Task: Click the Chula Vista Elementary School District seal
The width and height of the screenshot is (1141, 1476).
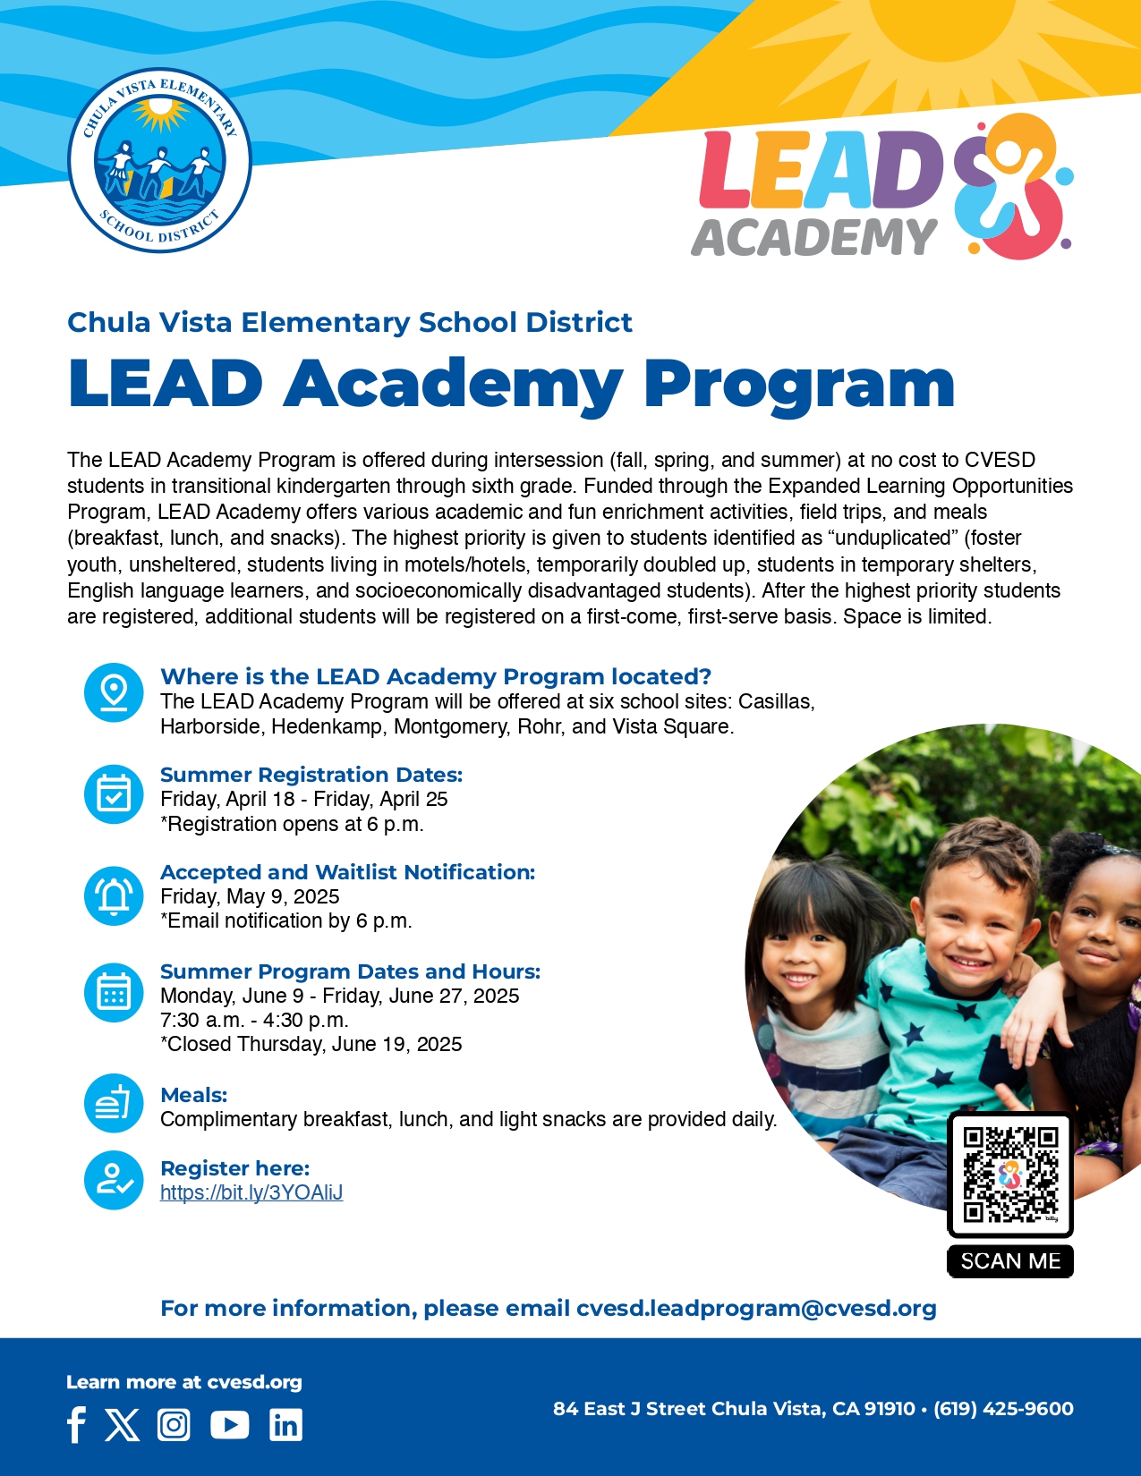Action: (x=160, y=161)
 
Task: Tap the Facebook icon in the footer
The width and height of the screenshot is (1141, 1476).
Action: (x=77, y=1424)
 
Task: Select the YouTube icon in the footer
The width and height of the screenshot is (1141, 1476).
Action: (x=230, y=1424)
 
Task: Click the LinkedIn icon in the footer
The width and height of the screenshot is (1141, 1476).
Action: (x=285, y=1424)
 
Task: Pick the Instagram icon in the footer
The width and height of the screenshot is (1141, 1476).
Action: (x=174, y=1424)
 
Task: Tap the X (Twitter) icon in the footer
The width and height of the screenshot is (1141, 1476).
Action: (x=123, y=1424)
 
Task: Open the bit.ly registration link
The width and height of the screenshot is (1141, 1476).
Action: (x=251, y=1192)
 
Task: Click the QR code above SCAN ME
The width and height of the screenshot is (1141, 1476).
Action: (x=1009, y=1175)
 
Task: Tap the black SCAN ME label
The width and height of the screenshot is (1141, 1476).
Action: (x=1009, y=1261)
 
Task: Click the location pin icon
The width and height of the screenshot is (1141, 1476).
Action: (x=114, y=692)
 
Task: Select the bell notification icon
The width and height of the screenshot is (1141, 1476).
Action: (x=114, y=895)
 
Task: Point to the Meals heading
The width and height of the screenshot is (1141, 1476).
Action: (x=193, y=1095)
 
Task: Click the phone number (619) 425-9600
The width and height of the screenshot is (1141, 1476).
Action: (x=1003, y=1409)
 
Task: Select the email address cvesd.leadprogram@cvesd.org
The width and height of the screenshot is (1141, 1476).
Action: (x=756, y=1309)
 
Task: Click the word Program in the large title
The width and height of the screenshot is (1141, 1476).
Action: (x=799, y=385)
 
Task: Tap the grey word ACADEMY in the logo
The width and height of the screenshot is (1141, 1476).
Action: (x=813, y=238)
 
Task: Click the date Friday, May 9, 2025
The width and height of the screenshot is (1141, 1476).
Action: (x=250, y=896)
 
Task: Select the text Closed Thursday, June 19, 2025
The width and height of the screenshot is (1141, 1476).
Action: (x=313, y=1044)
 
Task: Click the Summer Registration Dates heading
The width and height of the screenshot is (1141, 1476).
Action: (x=311, y=775)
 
